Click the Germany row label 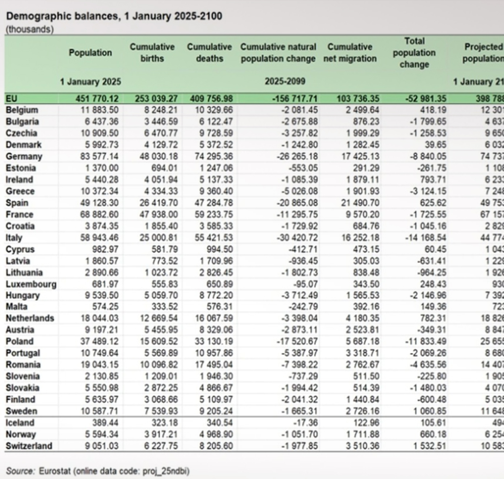click(x=24, y=156)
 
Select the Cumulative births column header click(x=152, y=52)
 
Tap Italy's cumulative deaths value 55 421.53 click(x=214, y=238)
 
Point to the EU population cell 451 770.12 click(x=97, y=98)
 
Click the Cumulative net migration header click(x=350, y=52)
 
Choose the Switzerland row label click(x=29, y=446)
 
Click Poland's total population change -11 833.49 click(x=425, y=341)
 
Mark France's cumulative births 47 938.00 click(x=159, y=215)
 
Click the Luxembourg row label click(x=31, y=284)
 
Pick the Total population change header click(x=414, y=52)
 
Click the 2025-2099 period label click(x=285, y=81)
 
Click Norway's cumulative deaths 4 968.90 click(x=216, y=434)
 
